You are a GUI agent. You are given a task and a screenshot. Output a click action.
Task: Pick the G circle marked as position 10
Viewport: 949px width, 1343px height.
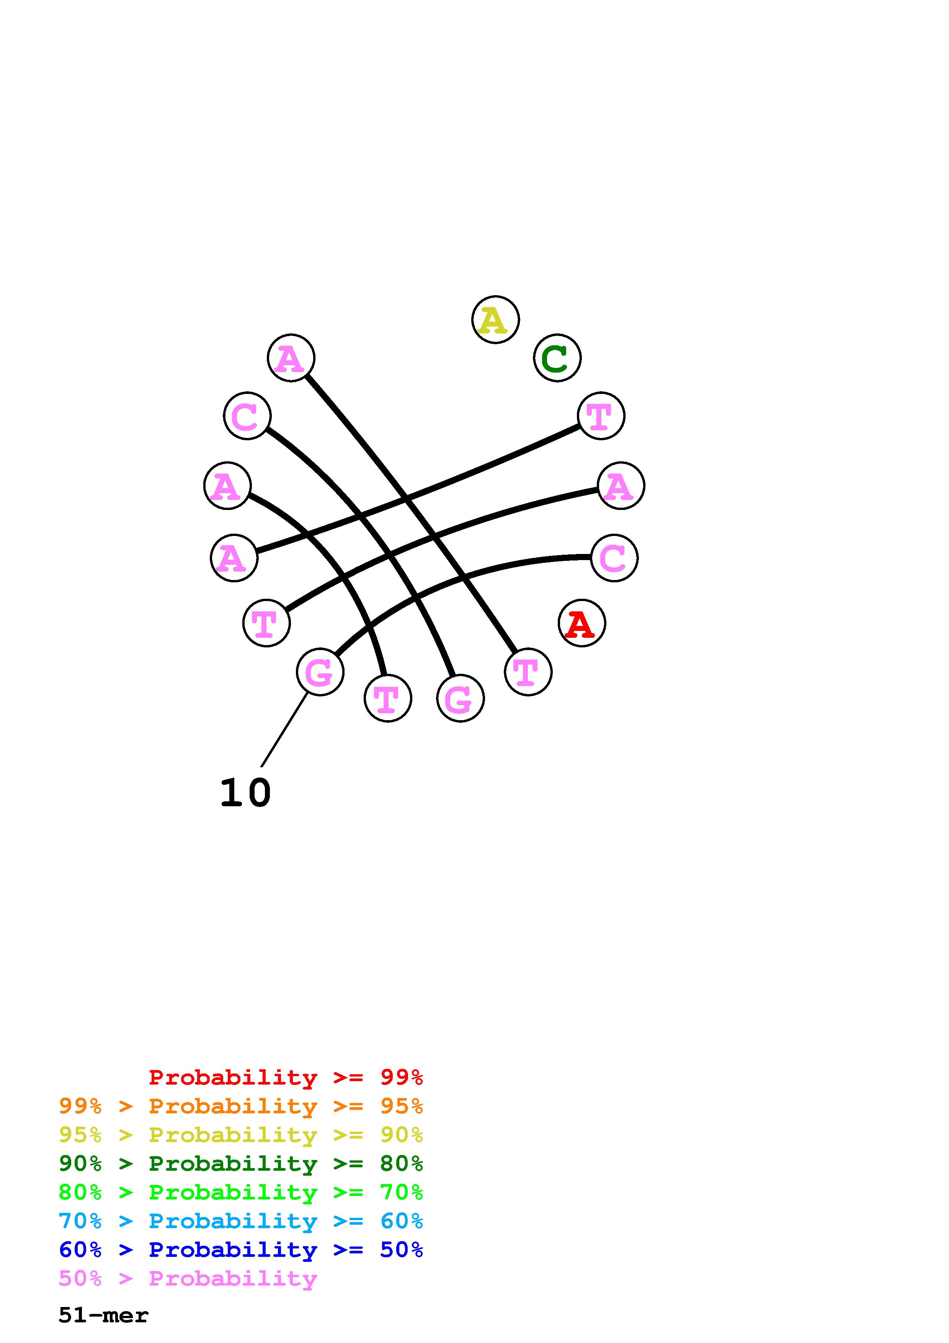click(x=320, y=672)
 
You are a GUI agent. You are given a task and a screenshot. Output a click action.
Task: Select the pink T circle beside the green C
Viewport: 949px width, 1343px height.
click(x=601, y=416)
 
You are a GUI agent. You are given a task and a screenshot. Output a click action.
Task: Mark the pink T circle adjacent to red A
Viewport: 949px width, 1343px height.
click(x=528, y=672)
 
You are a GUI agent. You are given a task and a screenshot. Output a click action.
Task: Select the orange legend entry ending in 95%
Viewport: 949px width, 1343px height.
click(x=240, y=1106)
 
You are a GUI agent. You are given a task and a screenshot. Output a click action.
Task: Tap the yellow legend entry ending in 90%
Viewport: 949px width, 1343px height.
click(x=240, y=1135)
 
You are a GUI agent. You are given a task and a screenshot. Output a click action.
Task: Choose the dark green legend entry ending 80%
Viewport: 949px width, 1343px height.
click(x=240, y=1163)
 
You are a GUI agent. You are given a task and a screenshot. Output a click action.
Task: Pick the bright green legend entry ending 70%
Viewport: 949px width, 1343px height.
click(x=240, y=1192)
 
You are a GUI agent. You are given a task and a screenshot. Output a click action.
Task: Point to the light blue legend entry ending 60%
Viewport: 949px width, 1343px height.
click(x=240, y=1221)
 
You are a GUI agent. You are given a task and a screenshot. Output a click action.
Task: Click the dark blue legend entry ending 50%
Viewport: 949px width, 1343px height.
click(x=240, y=1250)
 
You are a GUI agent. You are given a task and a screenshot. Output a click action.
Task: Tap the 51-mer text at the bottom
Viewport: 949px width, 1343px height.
click(x=103, y=1315)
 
